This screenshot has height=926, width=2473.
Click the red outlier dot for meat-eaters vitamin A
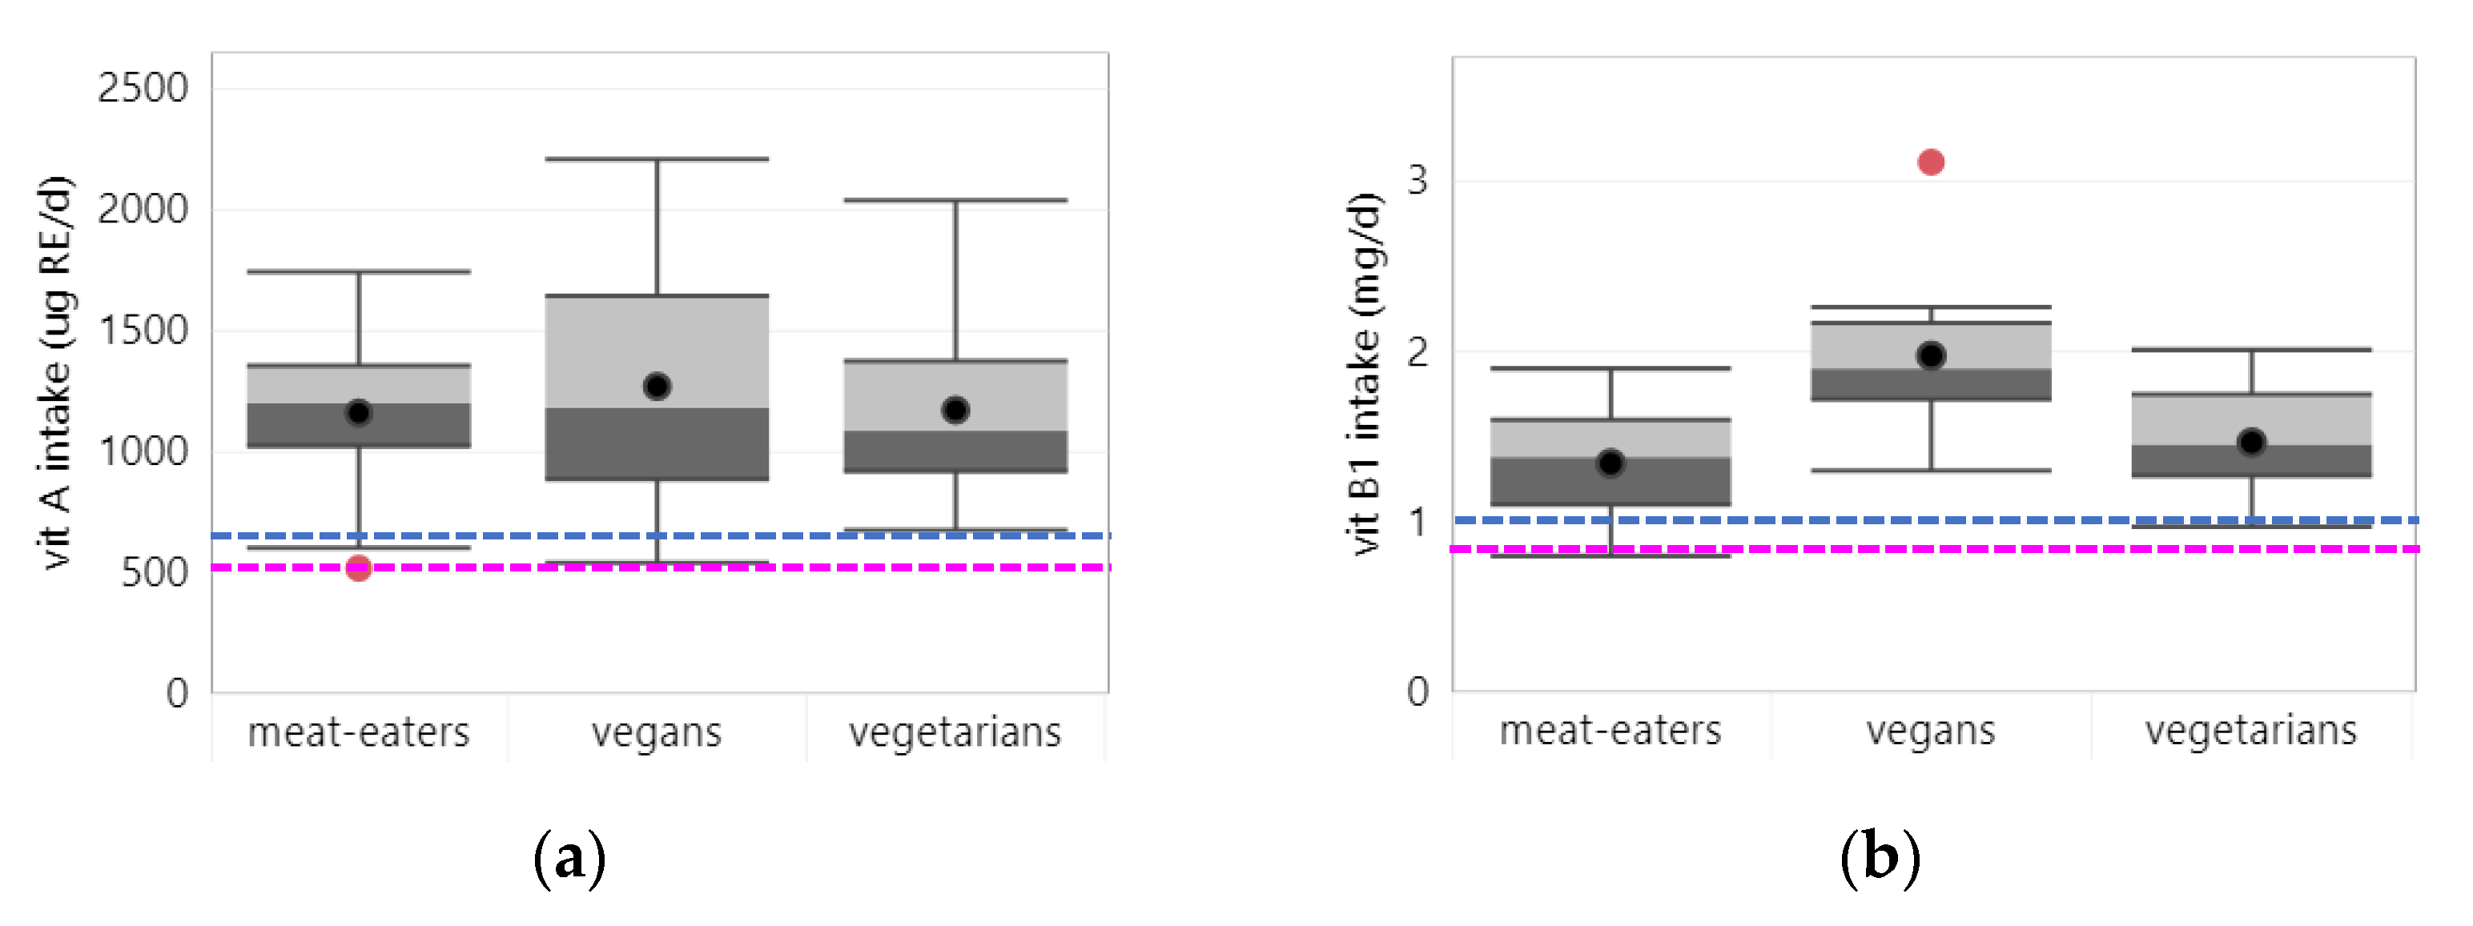click(x=358, y=568)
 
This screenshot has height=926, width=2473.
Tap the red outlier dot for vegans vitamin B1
click(x=1931, y=162)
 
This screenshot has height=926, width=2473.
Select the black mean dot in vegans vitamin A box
click(x=657, y=386)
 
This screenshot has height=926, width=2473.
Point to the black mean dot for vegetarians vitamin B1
click(x=2251, y=443)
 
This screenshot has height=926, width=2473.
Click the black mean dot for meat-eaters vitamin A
click(x=358, y=413)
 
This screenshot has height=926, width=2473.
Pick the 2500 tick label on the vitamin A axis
click(x=143, y=88)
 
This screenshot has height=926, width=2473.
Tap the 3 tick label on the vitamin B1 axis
click(x=1417, y=179)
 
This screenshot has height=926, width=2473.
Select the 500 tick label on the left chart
click(x=155, y=573)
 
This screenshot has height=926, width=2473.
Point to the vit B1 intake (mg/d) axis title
click(x=1364, y=375)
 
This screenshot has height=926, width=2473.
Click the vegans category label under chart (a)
click(x=657, y=733)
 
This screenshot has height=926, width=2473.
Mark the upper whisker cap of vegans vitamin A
click(x=657, y=159)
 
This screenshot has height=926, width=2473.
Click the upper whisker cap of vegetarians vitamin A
click(x=955, y=201)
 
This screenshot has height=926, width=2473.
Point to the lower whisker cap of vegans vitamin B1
click(x=1931, y=470)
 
